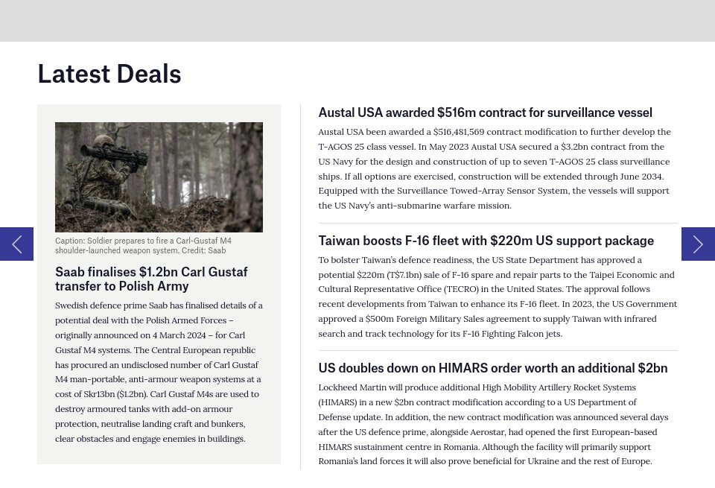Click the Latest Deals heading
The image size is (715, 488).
tap(109, 74)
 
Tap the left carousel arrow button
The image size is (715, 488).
tap(16, 244)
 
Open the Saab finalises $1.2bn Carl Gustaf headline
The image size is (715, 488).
tap(151, 279)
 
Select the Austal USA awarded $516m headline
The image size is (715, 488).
tap(485, 113)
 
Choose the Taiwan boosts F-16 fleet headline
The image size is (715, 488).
tap(486, 241)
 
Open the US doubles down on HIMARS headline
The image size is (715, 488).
tap(492, 368)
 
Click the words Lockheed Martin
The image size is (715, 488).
tap(350, 387)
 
